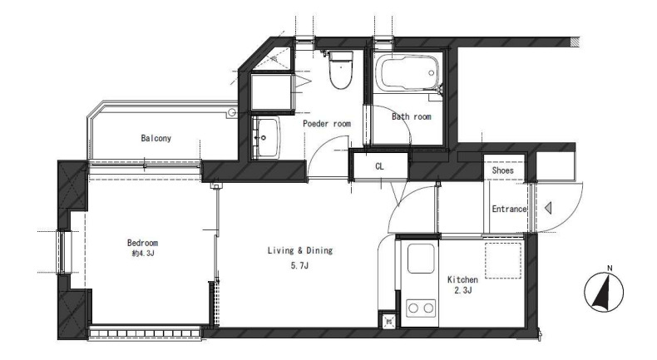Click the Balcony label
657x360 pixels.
pos(156,138)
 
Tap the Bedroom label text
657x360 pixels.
pos(142,243)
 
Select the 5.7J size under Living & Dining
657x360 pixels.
pos(299,265)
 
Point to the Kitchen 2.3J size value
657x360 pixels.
pos(463,290)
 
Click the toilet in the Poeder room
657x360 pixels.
pos(341,69)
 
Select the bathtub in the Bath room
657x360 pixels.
pos(407,73)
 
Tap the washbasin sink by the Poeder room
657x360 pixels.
pos(266,137)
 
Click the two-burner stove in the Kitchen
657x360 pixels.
pos(421,308)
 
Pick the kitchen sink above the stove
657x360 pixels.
pos(421,259)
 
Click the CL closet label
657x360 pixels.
pos(379,166)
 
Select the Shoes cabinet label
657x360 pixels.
pos(502,170)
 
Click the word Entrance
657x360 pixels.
pos(509,209)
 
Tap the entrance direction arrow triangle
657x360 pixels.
pos(548,208)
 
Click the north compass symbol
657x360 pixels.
pos(604,292)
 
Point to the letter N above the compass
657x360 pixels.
pos(610,269)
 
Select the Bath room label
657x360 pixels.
pos(412,116)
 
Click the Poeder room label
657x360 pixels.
pos(327,124)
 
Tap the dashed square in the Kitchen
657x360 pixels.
pos(503,260)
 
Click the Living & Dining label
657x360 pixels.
pos(300,250)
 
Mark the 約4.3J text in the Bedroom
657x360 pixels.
pos(142,254)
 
